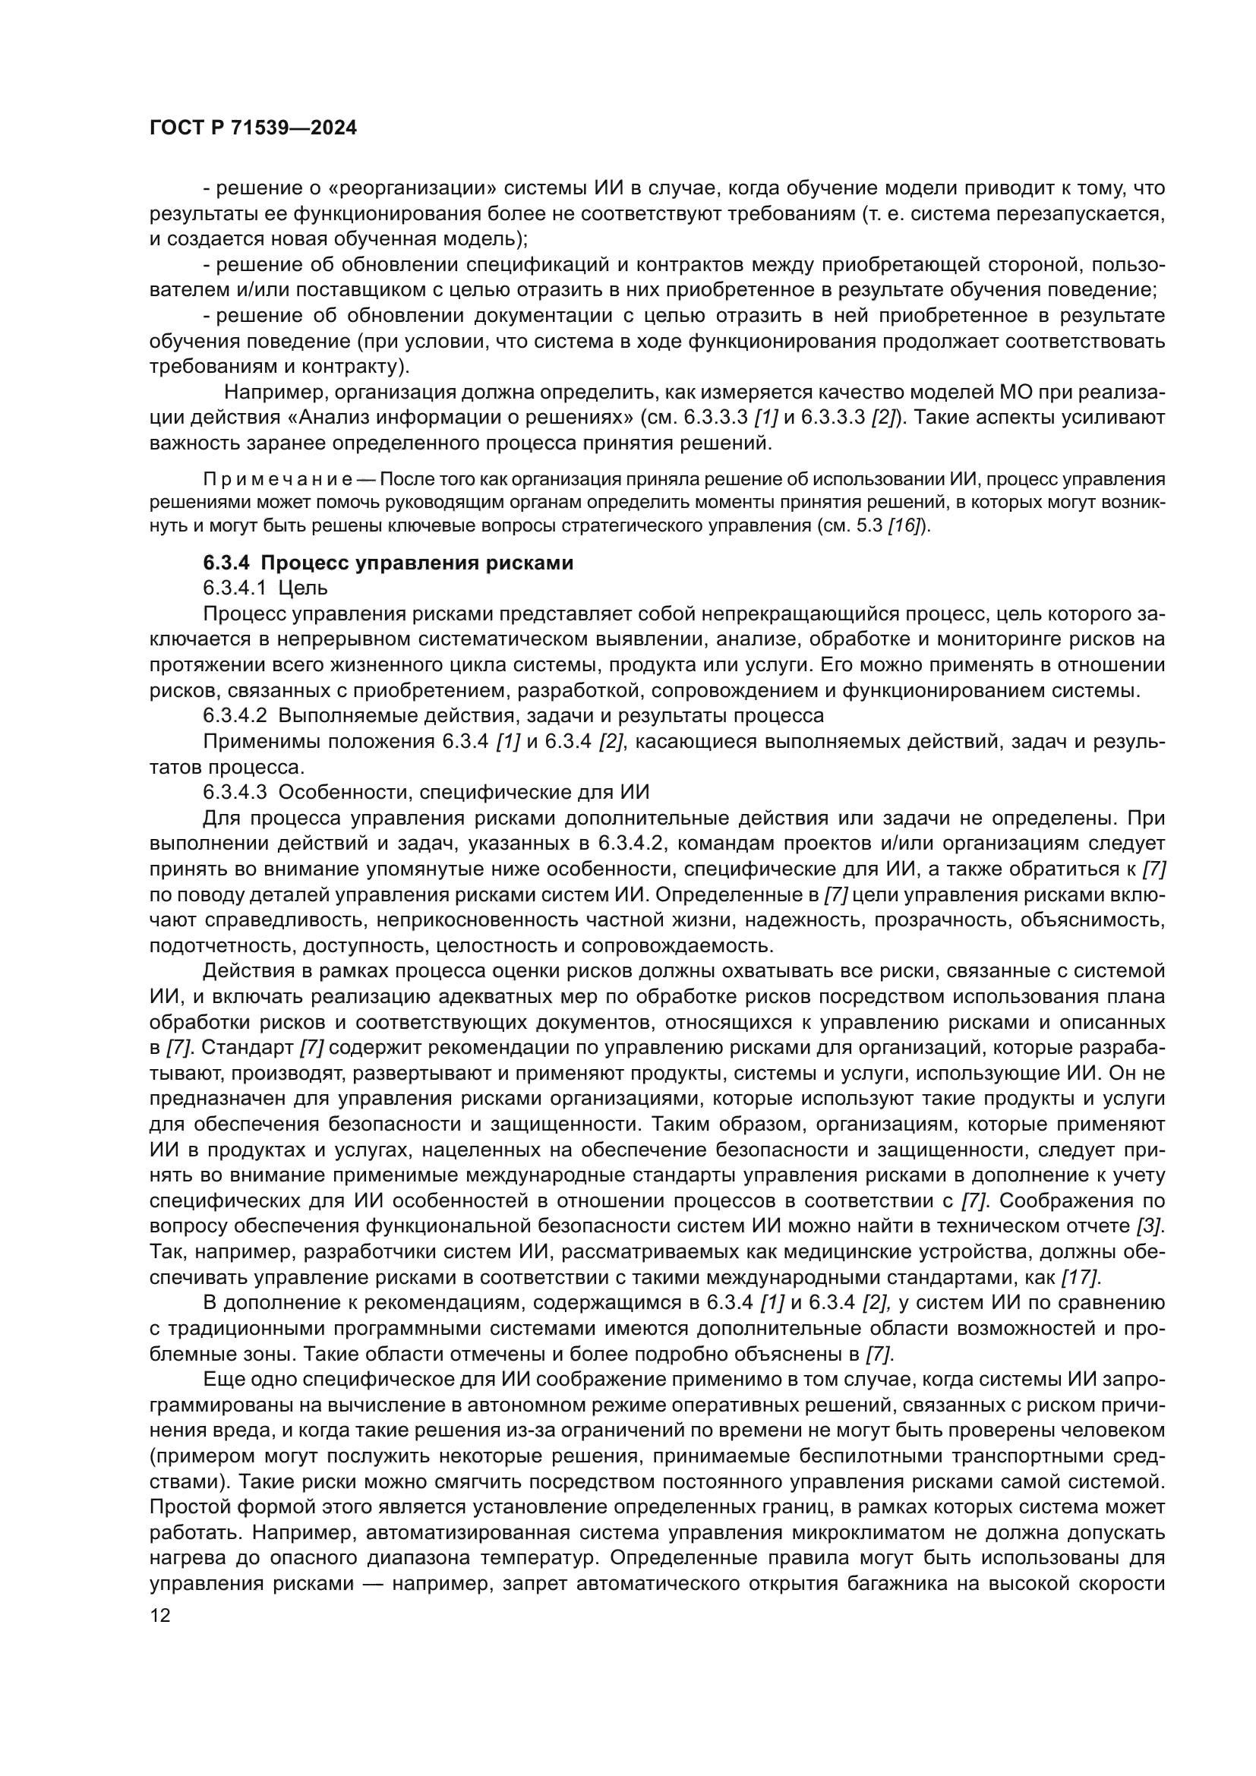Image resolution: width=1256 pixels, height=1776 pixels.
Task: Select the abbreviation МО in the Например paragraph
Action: [x=1002, y=393]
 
